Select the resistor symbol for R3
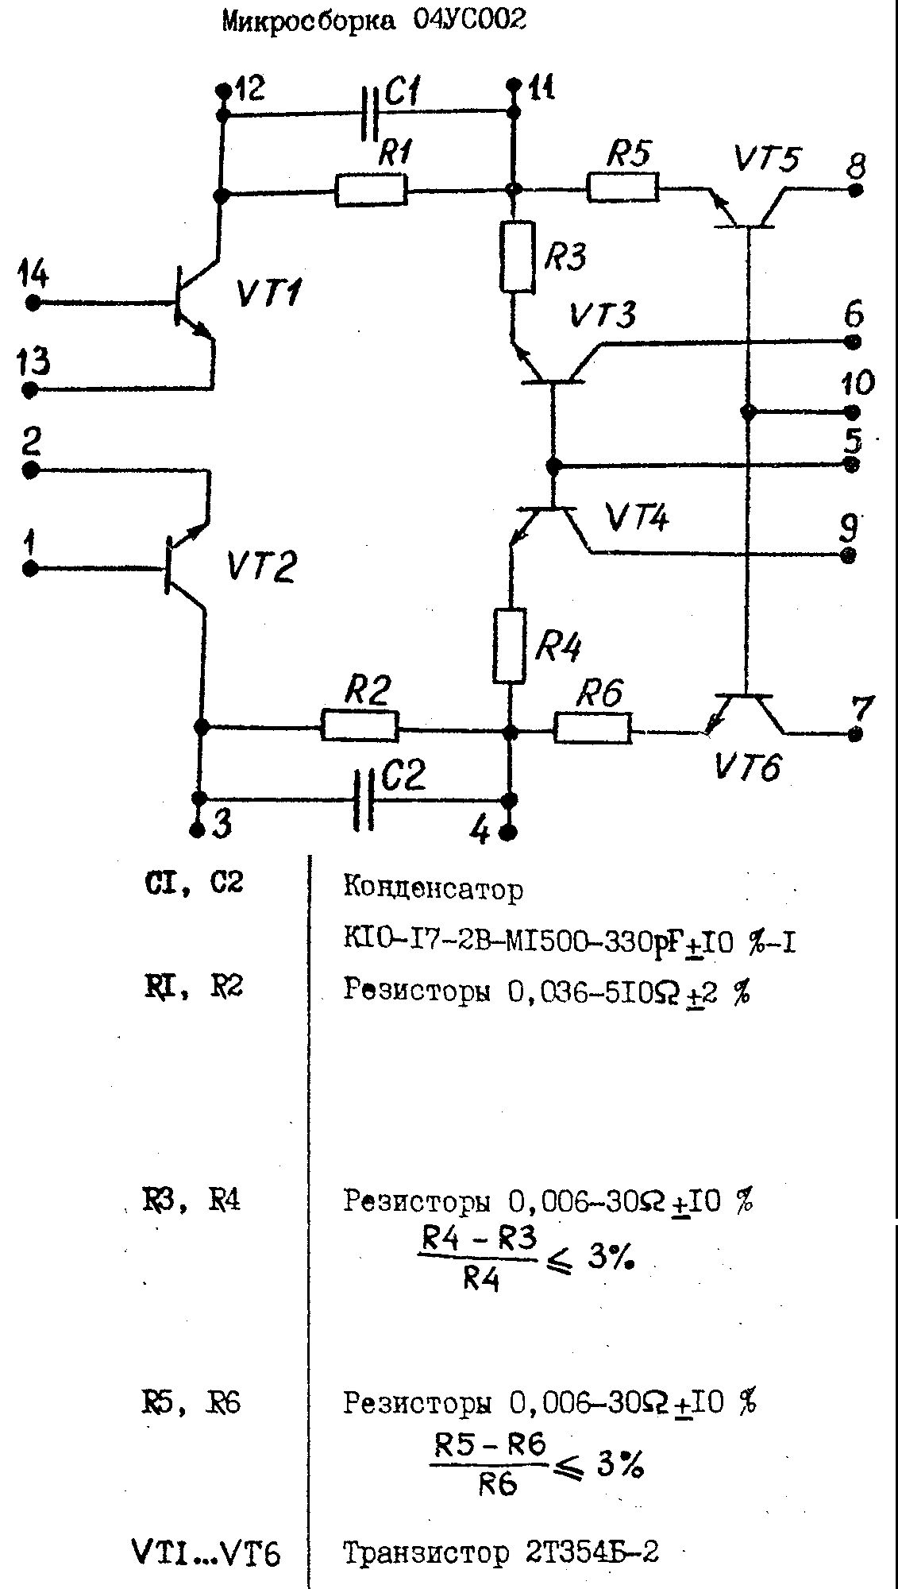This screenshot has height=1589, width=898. point(516,257)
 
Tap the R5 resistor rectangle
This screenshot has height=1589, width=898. point(623,189)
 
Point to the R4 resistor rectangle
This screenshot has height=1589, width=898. point(510,646)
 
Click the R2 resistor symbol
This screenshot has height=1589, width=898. point(360,725)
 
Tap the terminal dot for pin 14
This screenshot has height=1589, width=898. point(33,303)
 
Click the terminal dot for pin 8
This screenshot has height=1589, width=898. point(855,191)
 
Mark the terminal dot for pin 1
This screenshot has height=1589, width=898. point(31,569)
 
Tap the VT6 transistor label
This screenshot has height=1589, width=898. point(747,767)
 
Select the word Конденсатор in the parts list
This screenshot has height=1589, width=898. point(434,887)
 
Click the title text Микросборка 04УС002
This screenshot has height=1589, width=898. point(374,21)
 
